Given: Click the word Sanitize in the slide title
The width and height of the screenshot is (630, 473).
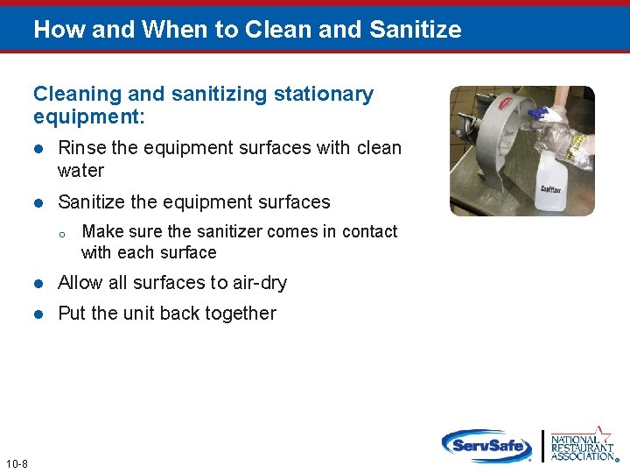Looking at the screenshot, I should coord(415,30).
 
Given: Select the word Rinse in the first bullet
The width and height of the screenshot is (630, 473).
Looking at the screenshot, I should coord(81,148).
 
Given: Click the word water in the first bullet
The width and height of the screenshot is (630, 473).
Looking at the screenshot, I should coord(80,171).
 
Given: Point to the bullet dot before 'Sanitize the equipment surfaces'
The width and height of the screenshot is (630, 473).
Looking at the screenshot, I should coord(38,203).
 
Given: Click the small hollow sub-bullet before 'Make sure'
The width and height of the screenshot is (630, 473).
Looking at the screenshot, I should coord(62,233).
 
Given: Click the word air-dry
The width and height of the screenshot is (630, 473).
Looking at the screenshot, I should coord(258,283).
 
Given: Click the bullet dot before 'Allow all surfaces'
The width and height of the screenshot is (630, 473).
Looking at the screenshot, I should coord(38,284).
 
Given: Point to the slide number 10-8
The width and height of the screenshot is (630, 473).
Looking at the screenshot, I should coord(16,463).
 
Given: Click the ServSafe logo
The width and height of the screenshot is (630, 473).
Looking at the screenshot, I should coord(486,445).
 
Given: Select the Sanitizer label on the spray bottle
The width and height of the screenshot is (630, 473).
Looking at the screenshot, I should coord(551,188).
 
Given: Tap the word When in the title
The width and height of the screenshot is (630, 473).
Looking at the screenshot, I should coord(167,30).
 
